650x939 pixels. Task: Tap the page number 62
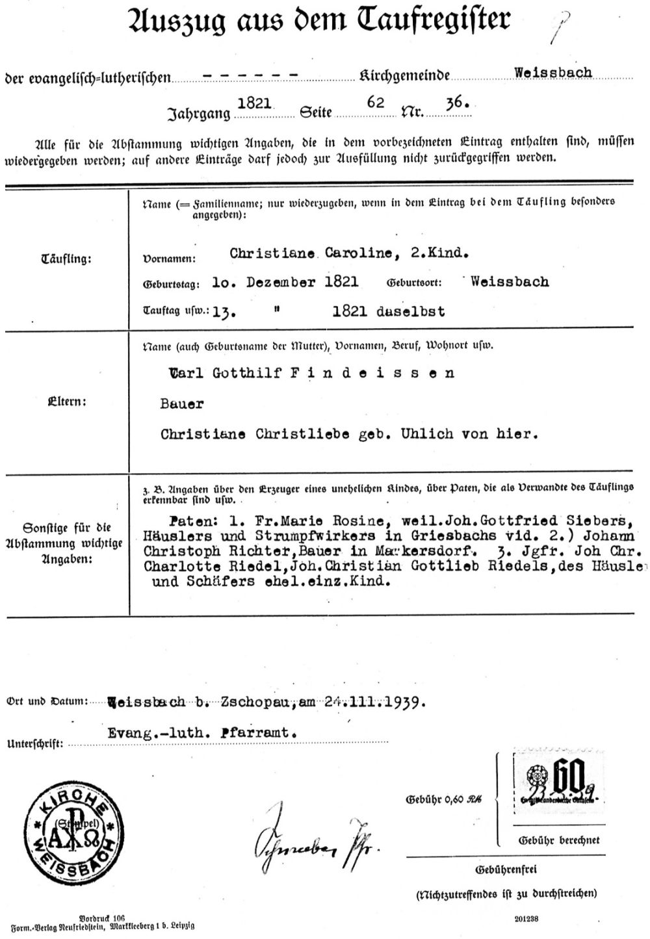tap(376, 103)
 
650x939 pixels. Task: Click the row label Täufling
tap(66, 259)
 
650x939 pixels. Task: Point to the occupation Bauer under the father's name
tap(181, 404)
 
